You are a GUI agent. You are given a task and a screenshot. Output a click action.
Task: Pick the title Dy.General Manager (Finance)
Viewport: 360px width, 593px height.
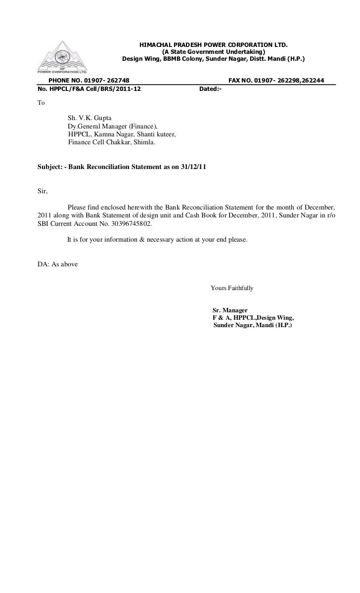112,126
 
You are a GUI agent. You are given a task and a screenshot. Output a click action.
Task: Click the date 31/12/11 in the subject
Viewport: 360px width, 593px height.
193,167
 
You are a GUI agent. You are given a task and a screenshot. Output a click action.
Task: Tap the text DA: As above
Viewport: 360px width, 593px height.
57,263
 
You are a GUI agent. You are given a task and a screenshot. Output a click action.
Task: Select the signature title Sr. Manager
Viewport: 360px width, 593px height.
229,310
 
